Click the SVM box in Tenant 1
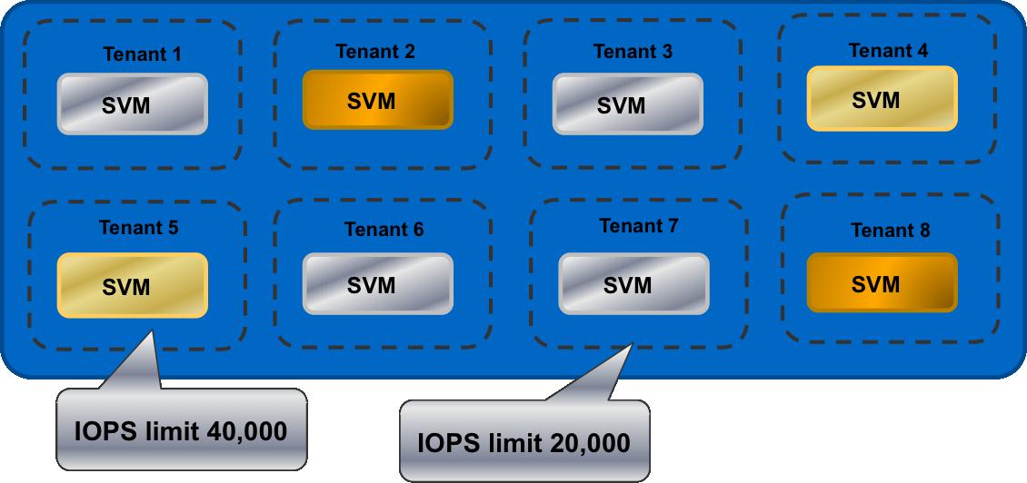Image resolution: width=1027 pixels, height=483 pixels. [x=133, y=104]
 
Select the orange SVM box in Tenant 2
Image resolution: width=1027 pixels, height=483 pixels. [x=377, y=100]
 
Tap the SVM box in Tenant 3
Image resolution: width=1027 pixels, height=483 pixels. [x=627, y=103]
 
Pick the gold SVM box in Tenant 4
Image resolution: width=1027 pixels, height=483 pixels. [x=882, y=99]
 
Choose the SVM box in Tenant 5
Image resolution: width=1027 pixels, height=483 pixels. [x=133, y=286]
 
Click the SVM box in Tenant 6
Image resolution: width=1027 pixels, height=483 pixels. [x=377, y=284]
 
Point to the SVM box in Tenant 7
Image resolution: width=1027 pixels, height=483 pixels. [x=633, y=284]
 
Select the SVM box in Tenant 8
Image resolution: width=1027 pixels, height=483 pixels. [x=882, y=284]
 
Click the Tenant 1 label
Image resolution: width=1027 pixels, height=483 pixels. [x=142, y=54]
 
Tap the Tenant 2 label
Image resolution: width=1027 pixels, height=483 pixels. [x=375, y=52]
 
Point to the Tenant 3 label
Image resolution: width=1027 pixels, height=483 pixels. [x=633, y=52]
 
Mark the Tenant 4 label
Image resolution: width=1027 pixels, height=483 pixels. [x=889, y=51]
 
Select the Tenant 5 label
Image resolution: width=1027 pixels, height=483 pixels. [x=139, y=228]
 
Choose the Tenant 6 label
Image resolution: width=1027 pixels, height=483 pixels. [x=384, y=230]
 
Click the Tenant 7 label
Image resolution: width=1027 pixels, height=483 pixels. [x=639, y=225]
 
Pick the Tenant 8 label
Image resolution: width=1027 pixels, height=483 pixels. [x=891, y=231]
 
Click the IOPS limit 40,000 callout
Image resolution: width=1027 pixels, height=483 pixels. [x=181, y=431]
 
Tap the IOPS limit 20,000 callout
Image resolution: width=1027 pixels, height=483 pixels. [x=523, y=443]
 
